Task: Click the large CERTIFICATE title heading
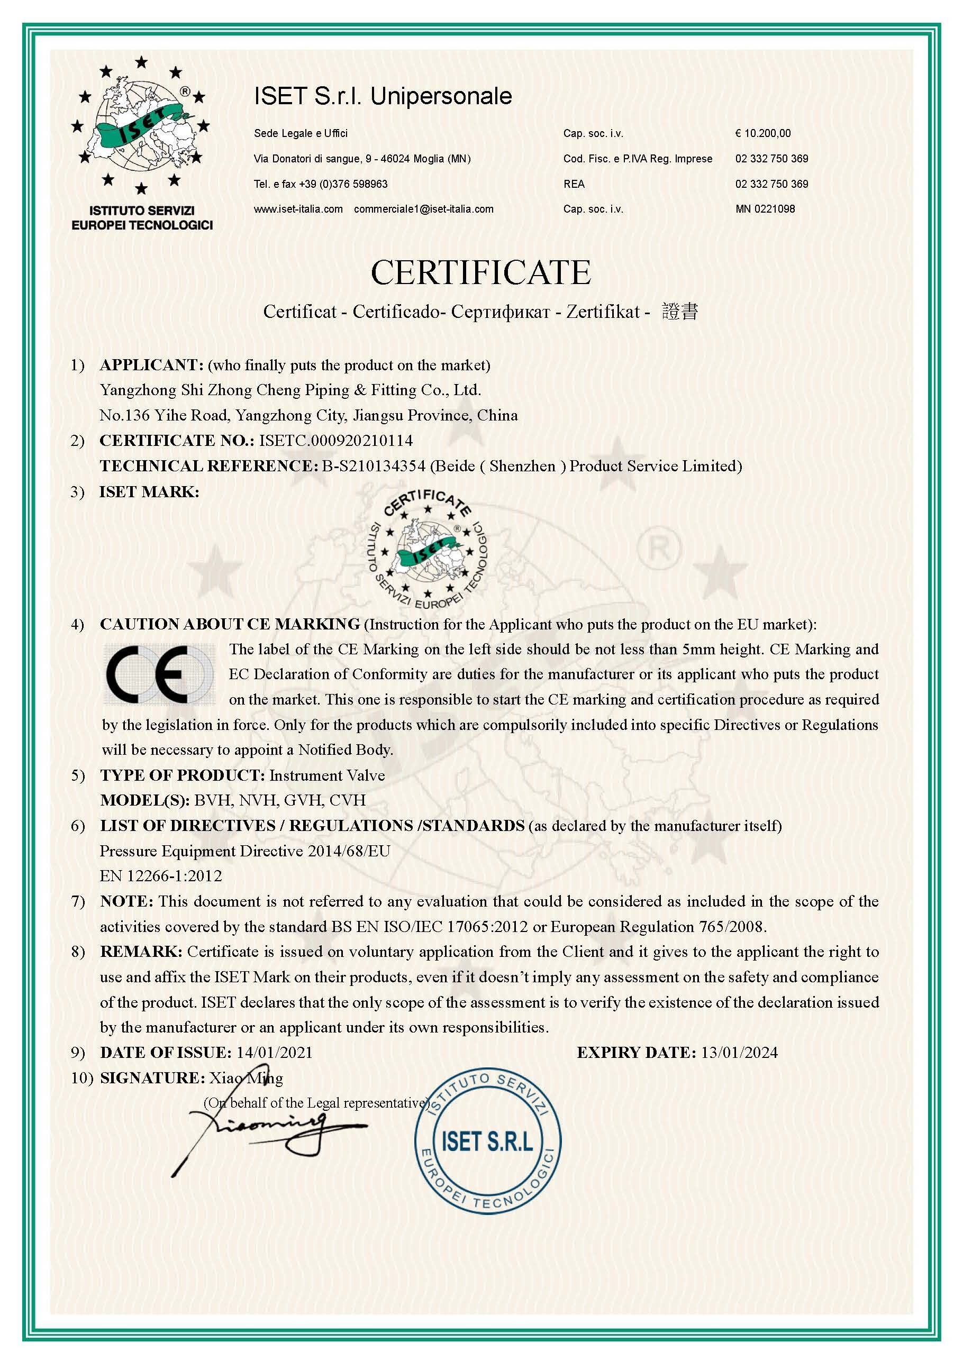pyautogui.click(x=481, y=272)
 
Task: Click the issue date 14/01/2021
pyautogui.click(x=274, y=1052)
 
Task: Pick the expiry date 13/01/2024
pyautogui.click(x=739, y=1052)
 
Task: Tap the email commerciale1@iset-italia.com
pyautogui.click(x=423, y=208)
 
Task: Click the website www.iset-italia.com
pyautogui.click(x=298, y=208)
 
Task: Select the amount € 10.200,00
pyautogui.click(x=762, y=133)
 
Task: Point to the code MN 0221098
pyautogui.click(x=765, y=208)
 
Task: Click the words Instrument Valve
pyautogui.click(x=327, y=775)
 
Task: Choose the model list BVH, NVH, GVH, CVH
pyautogui.click(x=280, y=800)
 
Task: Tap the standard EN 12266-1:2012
pyautogui.click(x=161, y=875)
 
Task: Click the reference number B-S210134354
pyautogui.click(x=374, y=466)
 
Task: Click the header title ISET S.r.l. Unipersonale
pyautogui.click(x=383, y=96)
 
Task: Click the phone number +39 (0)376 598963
pyautogui.click(x=343, y=184)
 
